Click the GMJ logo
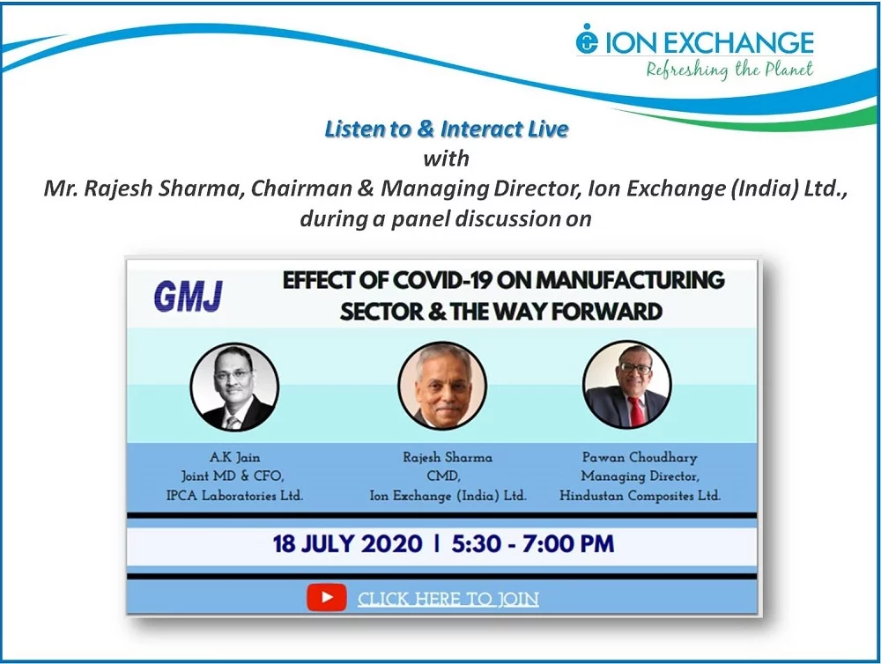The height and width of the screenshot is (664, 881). pyautogui.click(x=188, y=296)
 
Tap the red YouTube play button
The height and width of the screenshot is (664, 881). pyautogui.click(x=327, y=598)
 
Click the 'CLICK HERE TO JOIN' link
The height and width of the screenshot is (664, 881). pyautogui.click(x=448, y=599)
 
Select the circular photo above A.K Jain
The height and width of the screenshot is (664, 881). pyautogui.click(x=234, y=387)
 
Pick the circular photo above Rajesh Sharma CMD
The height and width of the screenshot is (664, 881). pyautogui.click(x=442, y=386)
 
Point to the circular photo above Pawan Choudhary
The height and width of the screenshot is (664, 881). pyautogui.click(x=627, y=385)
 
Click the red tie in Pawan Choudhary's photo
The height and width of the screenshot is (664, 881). pyautogui.click(x=635, y=411)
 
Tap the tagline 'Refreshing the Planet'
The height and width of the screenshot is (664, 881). pyautogui.click(x=729, y=70)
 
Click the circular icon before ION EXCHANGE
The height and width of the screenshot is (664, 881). pyautogui.click(x=587, y=40)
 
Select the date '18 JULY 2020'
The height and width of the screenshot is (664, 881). pyautogui.click(x=347, y=543)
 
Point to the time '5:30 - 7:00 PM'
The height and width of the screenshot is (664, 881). pyautogui.click(x=533, y=543)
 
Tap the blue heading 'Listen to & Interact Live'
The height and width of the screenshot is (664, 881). pyautogui.click(x=447, y=129)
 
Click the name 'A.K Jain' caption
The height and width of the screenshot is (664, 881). pyautogui.click(x=235, y=457)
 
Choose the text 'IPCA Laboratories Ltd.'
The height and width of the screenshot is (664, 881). pyautogui.click(x=234, y=496)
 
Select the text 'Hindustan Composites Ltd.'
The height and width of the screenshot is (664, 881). pyautogui.click(x=640, y=496)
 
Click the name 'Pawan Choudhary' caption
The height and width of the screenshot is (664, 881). pyautogui.click(x=640, y=457)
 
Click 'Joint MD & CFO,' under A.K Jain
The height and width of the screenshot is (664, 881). pyautogui.click(x=233, y=476)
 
